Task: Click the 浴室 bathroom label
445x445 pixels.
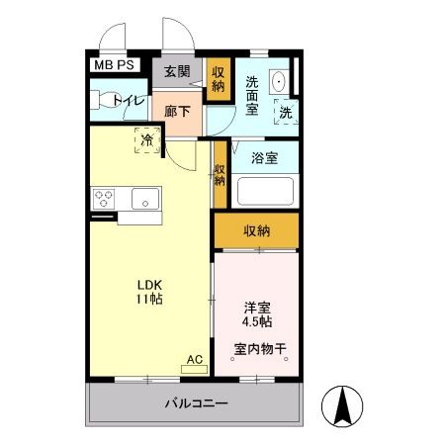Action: (x=263, y=157)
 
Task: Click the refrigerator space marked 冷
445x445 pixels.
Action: (x=147, y=140)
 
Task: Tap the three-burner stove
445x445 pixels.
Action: (x=103, y=199)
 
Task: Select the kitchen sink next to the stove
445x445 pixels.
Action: (x=144, y=199)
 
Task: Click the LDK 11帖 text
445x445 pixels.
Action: (x=150, y=294)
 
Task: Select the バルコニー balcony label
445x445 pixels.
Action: (x=196, y=403)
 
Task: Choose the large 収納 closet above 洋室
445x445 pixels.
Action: (x=256, y=230)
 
